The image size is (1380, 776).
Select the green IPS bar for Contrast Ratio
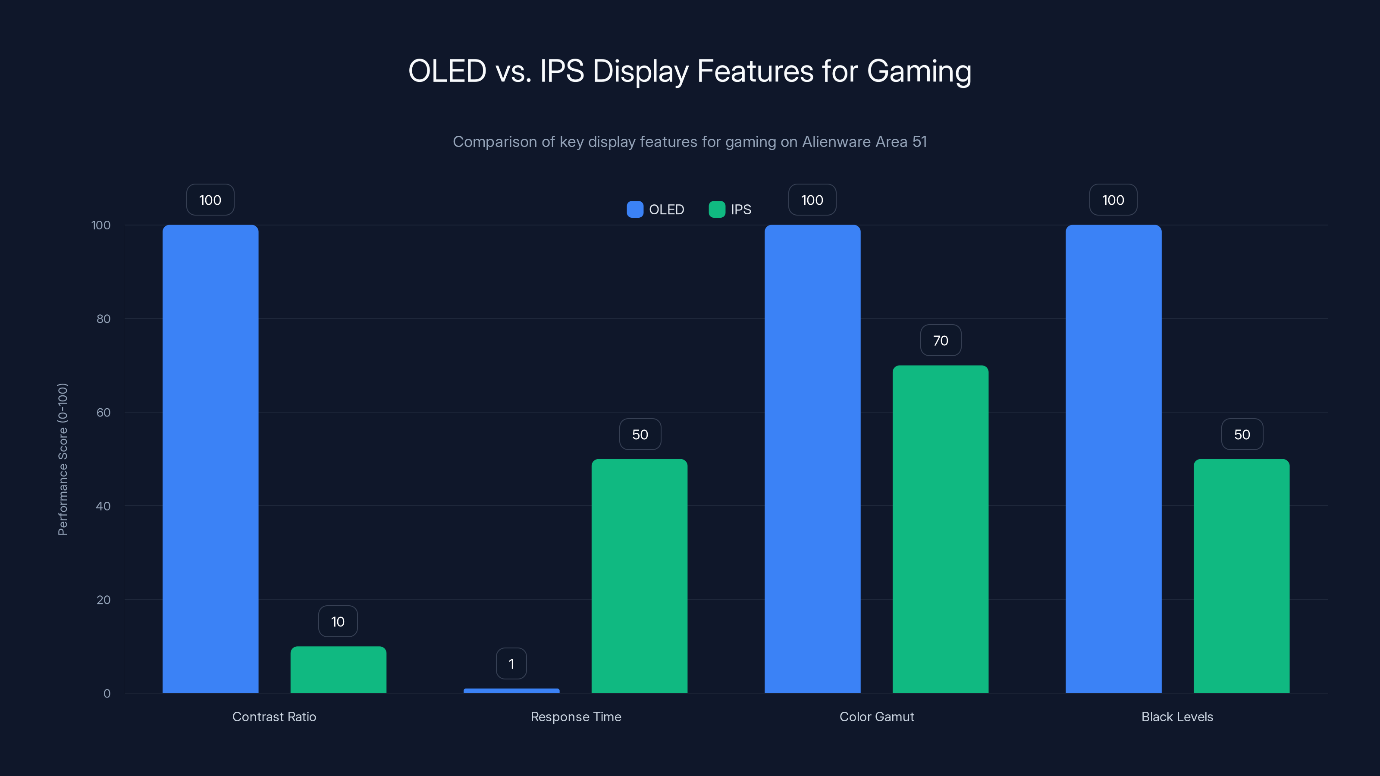tap(338, 670)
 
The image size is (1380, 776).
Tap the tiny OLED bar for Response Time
tap(511, 690)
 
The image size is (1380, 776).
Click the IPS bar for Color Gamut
tap(940, 529)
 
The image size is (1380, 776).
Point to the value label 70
tap(940, 341)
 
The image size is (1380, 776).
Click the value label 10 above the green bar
tap(338, 621)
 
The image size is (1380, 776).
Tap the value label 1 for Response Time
tap(511, 663)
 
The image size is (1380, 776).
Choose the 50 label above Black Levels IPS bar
tap(1242, 434)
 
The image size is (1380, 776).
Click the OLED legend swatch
tap(635, 210)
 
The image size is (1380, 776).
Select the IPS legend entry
tap(730, 210)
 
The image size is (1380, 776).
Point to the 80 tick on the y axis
tap(103, 319)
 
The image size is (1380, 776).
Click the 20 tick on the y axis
tap(103, 600)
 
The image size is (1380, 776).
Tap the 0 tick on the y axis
tap(107, 694)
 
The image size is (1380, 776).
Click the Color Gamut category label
tap(876, 717)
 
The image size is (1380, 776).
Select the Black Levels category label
tap(1177, 717)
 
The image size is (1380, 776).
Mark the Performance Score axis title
tap(63, 459)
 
